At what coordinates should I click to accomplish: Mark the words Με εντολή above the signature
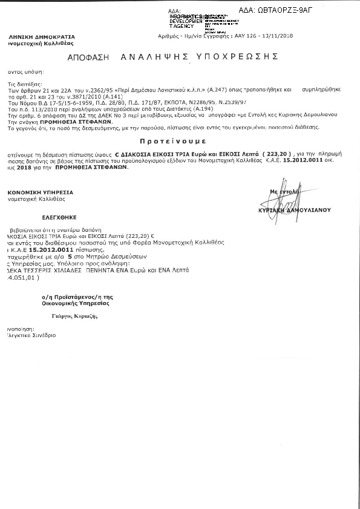pyautogui.click(x=283, y=191)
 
